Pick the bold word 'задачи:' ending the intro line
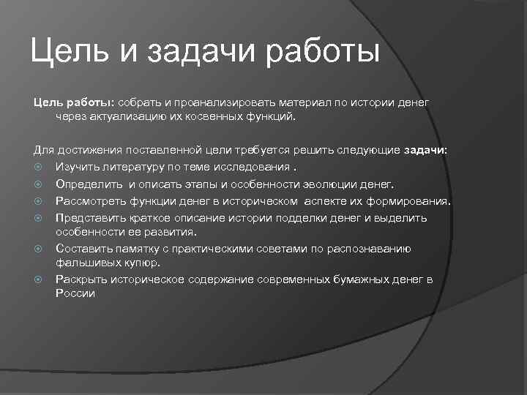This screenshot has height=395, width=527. point(425,150)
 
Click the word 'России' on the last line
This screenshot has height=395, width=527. point(75,293)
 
